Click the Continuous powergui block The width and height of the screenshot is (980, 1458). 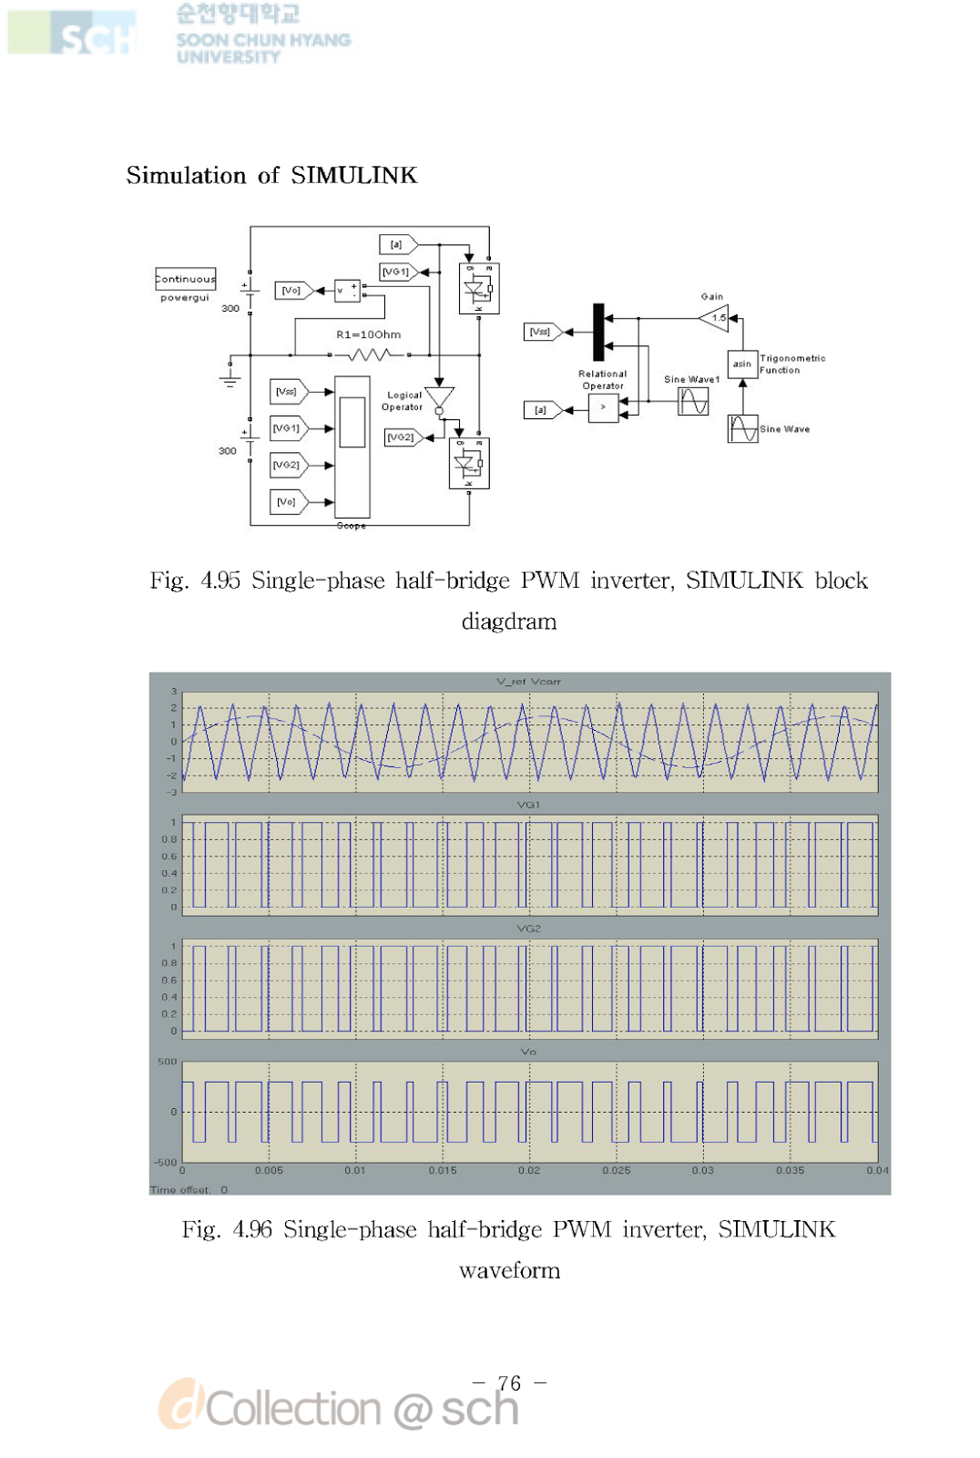click(x=186, y=279)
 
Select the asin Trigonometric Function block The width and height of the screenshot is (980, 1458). click(x=742, y=364)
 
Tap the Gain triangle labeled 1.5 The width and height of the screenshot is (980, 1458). click(x=715, y=318)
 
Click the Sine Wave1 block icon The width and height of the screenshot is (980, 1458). click(x=693, y=401)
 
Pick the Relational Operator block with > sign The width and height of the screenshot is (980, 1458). click(x=603, y=408)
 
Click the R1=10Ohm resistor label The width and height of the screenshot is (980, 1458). click(x=368, y=334)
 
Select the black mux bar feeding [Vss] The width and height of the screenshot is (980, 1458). click(x=598, y=332)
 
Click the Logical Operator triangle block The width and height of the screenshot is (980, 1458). click(x=439, y=398)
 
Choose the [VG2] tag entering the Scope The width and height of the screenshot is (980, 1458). click(x=287, y=465)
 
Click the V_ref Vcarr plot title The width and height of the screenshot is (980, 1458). click(x=528, y=682)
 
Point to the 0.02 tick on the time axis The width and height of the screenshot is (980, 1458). click(x=529, y=1170)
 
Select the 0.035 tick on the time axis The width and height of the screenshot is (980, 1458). click(x=790, y=1170)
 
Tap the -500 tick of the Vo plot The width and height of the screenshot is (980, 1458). click(x=166, y=1162)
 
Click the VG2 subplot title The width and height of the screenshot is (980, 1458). click(x=528, y=929)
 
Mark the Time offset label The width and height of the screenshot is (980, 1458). click(x=180, y=1189)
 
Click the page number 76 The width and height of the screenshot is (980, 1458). click(x=510, y=1383)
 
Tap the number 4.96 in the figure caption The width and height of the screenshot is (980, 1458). click(x=252, y=1229)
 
